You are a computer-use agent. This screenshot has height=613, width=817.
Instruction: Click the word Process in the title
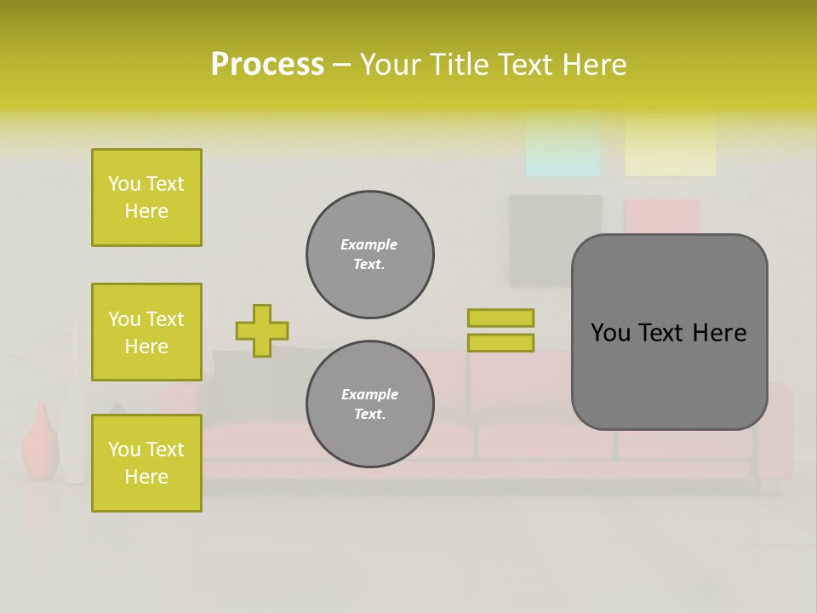267,65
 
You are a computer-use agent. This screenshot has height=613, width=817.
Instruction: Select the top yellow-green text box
146,198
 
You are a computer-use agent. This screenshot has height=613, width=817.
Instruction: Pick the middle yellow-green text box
146,332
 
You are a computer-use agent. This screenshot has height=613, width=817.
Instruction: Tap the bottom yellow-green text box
146,463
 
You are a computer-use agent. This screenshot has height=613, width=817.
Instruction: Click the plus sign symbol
261,330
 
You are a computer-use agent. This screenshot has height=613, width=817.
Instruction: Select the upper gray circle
369,255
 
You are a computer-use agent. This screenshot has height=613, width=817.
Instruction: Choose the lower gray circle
369,404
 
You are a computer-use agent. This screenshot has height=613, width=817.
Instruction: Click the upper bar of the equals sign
500,318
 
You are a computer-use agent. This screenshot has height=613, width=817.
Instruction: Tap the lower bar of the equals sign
500,343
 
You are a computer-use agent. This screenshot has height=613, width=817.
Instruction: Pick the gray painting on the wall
555,241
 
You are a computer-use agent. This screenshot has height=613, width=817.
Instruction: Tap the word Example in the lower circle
369,394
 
